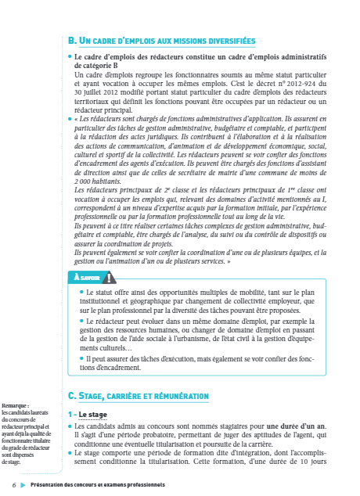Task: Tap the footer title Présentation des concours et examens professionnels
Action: pyautogui.click(x=98, y=484)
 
